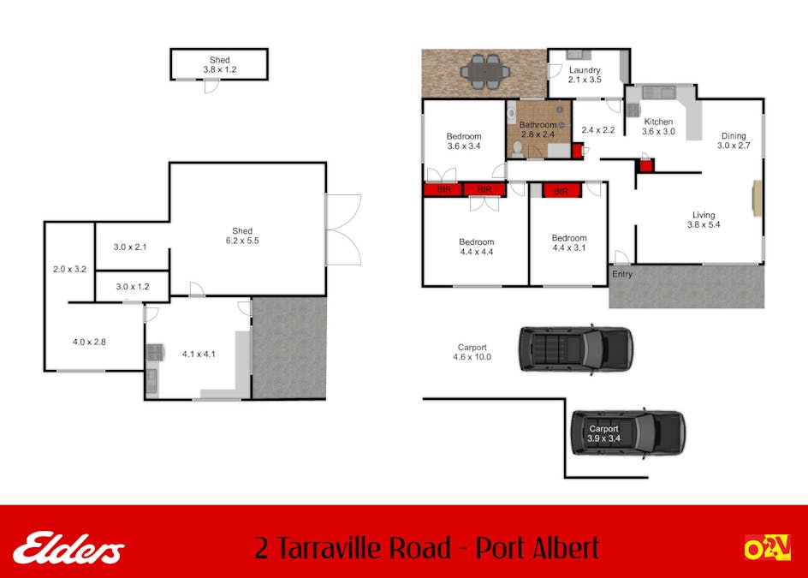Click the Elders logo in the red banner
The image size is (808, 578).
click(x=69, y=547)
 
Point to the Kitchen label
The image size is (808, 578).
click(x=659, y=122)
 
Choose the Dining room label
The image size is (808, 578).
click(x=733, y=135)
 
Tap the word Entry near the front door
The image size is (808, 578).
click(x=622, y=275)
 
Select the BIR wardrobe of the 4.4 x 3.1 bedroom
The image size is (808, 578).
click(x=561, y=191)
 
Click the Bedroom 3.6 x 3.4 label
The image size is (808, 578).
click(x=464, y=136)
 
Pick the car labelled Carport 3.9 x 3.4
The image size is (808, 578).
click(x=628, y=432)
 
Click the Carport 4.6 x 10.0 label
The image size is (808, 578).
click(x=473, y=352)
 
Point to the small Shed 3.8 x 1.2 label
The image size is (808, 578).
click(x=220, y=65)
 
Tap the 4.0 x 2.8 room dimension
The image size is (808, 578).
click(x=89, y=342)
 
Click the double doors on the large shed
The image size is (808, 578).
click(x=342, y=229)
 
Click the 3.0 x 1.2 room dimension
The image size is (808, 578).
click(x=131, y=287)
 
